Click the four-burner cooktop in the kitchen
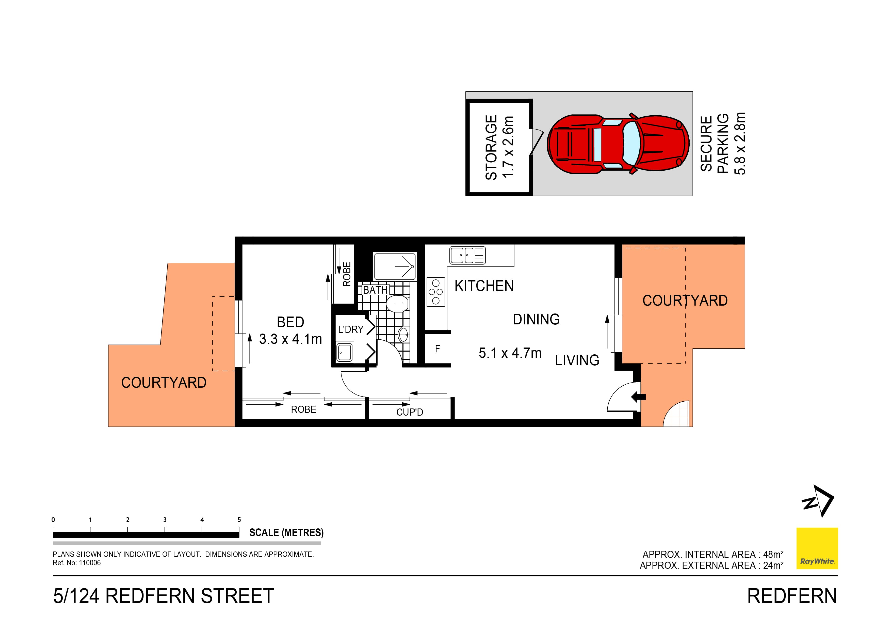point(436,292)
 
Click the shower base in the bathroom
point(395,266)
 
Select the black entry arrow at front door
point(638,397)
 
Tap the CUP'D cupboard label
point(409,412)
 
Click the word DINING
point(536,320)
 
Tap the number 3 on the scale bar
point(165,520)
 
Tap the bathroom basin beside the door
point(403,335)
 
